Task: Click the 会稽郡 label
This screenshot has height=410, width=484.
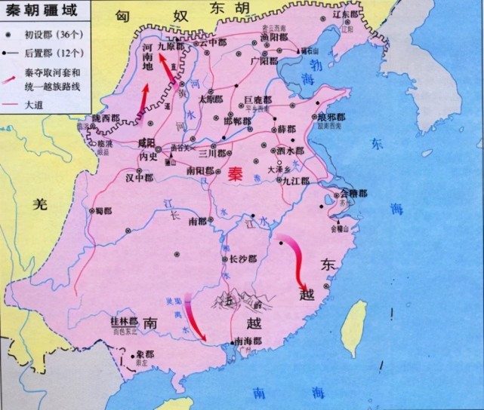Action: (x=353, y=194)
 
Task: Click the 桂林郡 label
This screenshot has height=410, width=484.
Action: (x=124, y=320)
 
